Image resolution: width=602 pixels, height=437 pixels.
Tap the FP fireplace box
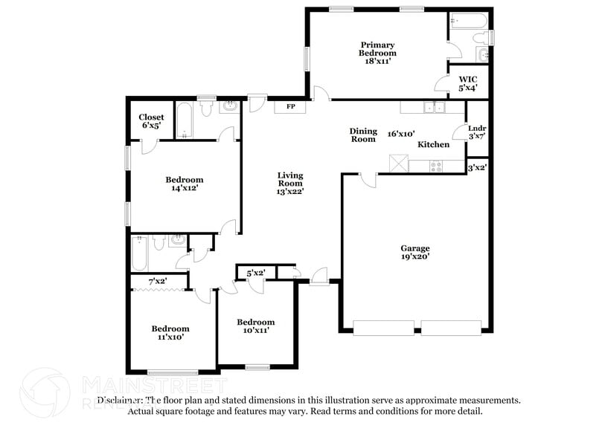coord(285,107)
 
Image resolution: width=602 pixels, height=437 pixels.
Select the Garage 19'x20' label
coord(415,253)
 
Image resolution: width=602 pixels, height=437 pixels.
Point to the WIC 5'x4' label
coord(468,83)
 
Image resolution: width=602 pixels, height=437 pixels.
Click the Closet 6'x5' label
coord(152,121)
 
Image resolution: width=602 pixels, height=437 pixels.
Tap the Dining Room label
coord(363,135)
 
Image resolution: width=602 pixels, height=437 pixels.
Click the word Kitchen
coord(433,144)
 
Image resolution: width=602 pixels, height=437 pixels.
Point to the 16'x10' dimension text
coord(401,134)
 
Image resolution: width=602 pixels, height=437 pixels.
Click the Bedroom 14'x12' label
coord(184,184)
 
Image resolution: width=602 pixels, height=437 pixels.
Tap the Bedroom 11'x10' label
coord(170,332)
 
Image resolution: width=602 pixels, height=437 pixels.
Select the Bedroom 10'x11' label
coord(256,326)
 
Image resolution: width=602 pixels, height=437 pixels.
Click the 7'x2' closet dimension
coord(157,282)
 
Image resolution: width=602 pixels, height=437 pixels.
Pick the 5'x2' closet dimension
coord(256,273)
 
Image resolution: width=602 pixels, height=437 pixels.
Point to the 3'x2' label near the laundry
coord(477,169)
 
